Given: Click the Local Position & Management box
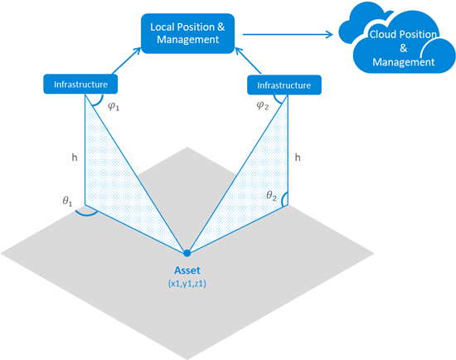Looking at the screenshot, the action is [x=187, y=33].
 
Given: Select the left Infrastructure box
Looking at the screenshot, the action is [x=80, y=84].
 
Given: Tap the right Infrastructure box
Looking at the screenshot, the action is [x=284, y=85].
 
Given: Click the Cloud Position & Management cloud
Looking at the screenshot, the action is [x=397, y=39].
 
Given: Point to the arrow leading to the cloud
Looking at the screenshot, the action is [x=288, y=34].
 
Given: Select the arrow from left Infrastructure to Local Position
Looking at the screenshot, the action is [x=127, y=61].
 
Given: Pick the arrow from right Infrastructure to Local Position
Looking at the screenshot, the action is [x=248, y=61].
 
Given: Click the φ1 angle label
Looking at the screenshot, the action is [x=114, y=106].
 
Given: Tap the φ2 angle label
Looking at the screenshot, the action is [x=263, y=105].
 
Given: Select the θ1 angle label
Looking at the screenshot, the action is [x=67, y=201].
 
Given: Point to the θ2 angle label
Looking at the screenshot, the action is [x=271, y=196].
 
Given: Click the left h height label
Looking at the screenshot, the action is [x=75, y=158].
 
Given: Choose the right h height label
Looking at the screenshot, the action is [x=298, y=158].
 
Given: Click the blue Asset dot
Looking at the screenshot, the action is [x=187, y=253].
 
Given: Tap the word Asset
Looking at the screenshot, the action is [x=187, y=270].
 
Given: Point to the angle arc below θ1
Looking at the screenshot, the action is [x=85, y=214].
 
